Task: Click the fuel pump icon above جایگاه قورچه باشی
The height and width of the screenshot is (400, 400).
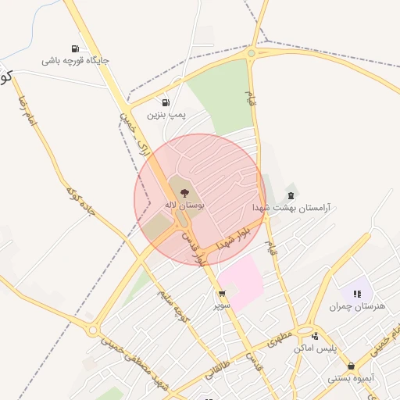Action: (x=75, y=48)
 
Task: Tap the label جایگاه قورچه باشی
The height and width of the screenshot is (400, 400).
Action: (x=76, y=60)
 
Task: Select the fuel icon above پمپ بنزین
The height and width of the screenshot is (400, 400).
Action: (x=165, y=102)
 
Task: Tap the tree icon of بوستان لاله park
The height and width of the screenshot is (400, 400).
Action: (x=184, y=191)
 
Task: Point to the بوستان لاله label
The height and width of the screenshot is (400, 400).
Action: (x=184, y=204)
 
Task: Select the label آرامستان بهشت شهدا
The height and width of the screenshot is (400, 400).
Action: (x=291, y=209)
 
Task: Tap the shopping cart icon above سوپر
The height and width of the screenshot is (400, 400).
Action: (x=223, y=294)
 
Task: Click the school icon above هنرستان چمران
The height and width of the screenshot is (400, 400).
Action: (x=357, y=294)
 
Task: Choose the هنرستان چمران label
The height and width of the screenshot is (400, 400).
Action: (x=358, y=306)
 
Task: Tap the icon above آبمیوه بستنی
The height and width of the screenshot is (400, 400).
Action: (x=351, y=365)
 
